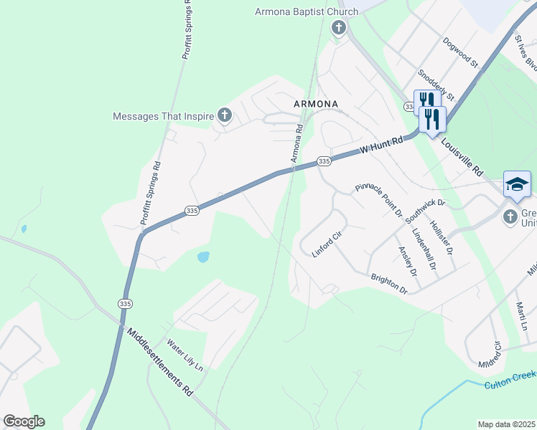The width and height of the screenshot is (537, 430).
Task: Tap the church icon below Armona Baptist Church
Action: click(339, 29)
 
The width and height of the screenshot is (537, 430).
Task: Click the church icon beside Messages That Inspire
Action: click(224, 115)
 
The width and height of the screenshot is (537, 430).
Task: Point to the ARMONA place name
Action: click(316, 104)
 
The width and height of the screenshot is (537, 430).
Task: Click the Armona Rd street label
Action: click(297, 143)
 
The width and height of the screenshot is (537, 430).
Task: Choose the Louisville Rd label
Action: click(462, 158)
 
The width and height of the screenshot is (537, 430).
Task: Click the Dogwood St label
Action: click(461, 52)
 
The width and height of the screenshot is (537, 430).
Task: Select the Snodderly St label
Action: click(436, 85)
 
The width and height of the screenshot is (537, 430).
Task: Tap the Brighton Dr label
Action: click(389, 284)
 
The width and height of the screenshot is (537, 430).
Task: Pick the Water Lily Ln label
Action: click(185, 355)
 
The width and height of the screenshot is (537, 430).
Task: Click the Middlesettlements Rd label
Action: click(160, 363)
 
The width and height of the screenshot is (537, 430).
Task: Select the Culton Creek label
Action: click(510, 380)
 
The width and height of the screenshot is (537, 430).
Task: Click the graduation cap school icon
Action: click(517, 184)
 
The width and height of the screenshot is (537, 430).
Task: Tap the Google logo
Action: click(24, 421)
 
